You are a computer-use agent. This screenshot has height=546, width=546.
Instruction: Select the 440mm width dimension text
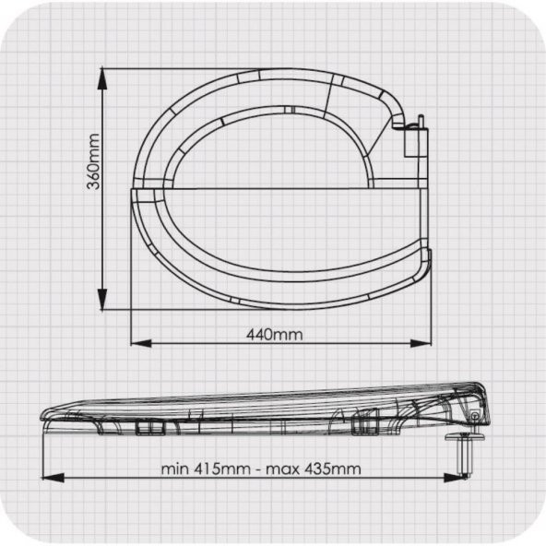point(274,334)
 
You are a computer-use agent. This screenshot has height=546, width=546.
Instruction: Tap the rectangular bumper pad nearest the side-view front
point(146,427)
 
